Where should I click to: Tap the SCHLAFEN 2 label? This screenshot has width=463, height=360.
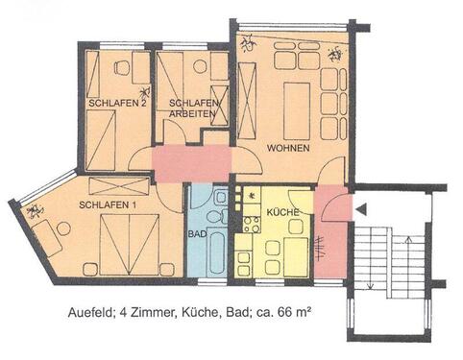click(116, 103)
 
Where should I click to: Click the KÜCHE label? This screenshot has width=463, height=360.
click(283, 211)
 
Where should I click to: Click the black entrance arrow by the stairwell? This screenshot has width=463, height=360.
click(359, 207)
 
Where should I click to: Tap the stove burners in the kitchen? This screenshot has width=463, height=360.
click(253, 226)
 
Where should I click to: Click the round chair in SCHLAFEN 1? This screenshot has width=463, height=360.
click(62, 228)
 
